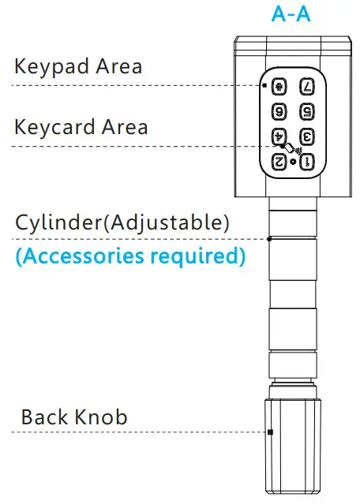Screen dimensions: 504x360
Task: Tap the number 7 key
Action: tap(307, 86)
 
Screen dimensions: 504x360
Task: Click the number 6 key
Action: tap(278, 111)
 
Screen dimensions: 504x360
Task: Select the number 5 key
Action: tap(307, 111)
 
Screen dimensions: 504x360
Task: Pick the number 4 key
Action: tap(278, 136)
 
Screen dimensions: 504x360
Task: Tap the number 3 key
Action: tap(307, 136)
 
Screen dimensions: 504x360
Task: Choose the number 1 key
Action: tap(307, 162)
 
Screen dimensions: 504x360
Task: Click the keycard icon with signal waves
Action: tap(294, 147)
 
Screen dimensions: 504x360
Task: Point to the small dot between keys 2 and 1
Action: tap(293, 162)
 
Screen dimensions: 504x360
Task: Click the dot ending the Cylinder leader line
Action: tap(269, 238)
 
